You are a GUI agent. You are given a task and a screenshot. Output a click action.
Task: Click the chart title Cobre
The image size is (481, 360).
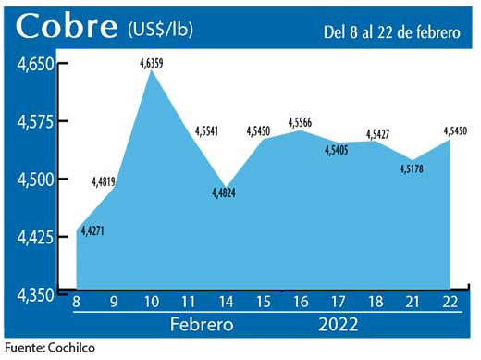(64, 27)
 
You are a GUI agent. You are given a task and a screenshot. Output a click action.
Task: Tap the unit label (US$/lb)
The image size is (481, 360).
(162, 30)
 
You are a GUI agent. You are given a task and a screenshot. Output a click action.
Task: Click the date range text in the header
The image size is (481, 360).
(391, 32)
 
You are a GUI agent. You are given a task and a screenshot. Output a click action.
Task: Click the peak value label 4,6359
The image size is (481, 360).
(153, 63)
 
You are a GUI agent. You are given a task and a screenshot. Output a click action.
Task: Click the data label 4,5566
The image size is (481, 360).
(302, 122)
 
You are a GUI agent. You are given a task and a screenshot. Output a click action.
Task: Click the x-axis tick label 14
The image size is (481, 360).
(227, 302)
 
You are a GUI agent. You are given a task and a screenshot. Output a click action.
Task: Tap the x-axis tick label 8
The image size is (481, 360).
(76, 302)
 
